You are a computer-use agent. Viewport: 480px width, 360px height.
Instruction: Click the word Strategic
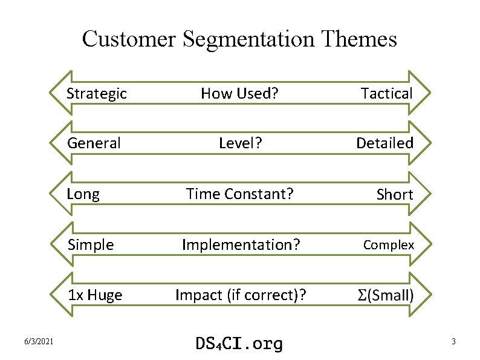point(97,93)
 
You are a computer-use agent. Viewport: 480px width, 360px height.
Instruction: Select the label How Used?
point(240,93)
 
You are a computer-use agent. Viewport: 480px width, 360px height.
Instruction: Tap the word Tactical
point(386,93)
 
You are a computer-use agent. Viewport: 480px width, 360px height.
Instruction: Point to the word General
point(94,143)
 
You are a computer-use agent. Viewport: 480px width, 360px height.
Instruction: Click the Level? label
point(240,143)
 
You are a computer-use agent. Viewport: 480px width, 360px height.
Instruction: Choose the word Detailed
point(384,143)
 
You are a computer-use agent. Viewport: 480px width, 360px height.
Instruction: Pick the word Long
point(83,194)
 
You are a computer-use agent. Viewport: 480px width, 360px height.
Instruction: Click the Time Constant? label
point(240,194)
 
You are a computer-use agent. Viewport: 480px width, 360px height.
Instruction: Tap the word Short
point(394,194)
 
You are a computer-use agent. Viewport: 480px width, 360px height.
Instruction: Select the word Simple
point(91,245)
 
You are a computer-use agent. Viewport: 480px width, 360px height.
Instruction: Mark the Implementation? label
point(240,245)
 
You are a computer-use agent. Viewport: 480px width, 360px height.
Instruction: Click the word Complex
point(389,245)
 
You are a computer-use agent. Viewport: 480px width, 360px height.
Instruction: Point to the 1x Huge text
point(95,295)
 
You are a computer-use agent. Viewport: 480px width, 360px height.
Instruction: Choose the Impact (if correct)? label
point(240,295)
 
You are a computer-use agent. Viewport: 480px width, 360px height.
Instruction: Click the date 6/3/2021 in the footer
point(39,342)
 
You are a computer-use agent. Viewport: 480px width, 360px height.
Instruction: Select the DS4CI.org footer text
point(239,343)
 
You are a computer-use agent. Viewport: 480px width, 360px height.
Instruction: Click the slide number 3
point(453,342)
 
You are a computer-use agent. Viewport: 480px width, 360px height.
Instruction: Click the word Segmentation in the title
point(248,39)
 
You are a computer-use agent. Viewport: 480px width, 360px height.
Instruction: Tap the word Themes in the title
point(360,39)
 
